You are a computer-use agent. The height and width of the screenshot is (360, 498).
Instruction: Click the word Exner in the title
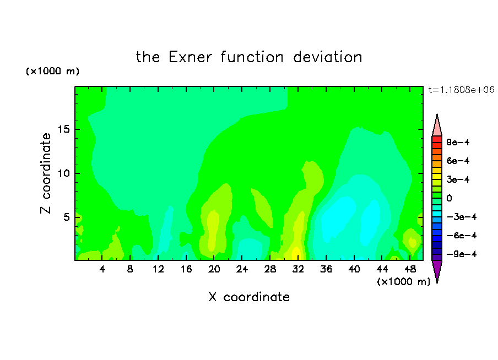[x=190, y=57]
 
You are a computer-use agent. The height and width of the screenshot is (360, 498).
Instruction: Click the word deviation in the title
[x=327, y=57]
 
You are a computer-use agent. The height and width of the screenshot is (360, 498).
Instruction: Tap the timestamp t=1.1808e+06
[x=461, y=90]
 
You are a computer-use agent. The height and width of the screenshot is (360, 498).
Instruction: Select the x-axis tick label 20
[x=214, y=269]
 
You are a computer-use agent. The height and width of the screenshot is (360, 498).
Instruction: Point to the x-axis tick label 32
[x=298, y=269]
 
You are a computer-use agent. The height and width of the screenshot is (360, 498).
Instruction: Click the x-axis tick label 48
[x=410, y=269]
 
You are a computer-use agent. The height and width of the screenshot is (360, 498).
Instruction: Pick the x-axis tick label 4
[x=102, y=269]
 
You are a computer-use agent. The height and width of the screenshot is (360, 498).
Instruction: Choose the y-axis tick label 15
[x=63, y=129]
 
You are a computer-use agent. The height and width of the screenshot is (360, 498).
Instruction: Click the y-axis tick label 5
[x=66, y=217]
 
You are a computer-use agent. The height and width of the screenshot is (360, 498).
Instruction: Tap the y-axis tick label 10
[x=63, y=173]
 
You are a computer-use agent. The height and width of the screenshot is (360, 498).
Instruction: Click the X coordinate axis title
[x=249, y=297]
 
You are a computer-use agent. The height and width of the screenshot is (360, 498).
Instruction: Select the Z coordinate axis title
[x=46, y=173]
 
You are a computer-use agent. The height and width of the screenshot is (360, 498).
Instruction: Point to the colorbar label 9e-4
[x=458, y=142]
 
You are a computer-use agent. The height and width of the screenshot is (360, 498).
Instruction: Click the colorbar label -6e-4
[x=462, y=235]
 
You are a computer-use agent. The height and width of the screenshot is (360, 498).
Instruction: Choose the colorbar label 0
[x=449, y=198]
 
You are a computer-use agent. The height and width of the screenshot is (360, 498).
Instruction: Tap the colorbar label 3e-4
[x=458, y=179]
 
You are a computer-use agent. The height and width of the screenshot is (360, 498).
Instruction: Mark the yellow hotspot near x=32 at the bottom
[x=296, y=253]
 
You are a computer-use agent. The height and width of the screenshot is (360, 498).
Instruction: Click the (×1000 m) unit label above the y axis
[x=52, y=71]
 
